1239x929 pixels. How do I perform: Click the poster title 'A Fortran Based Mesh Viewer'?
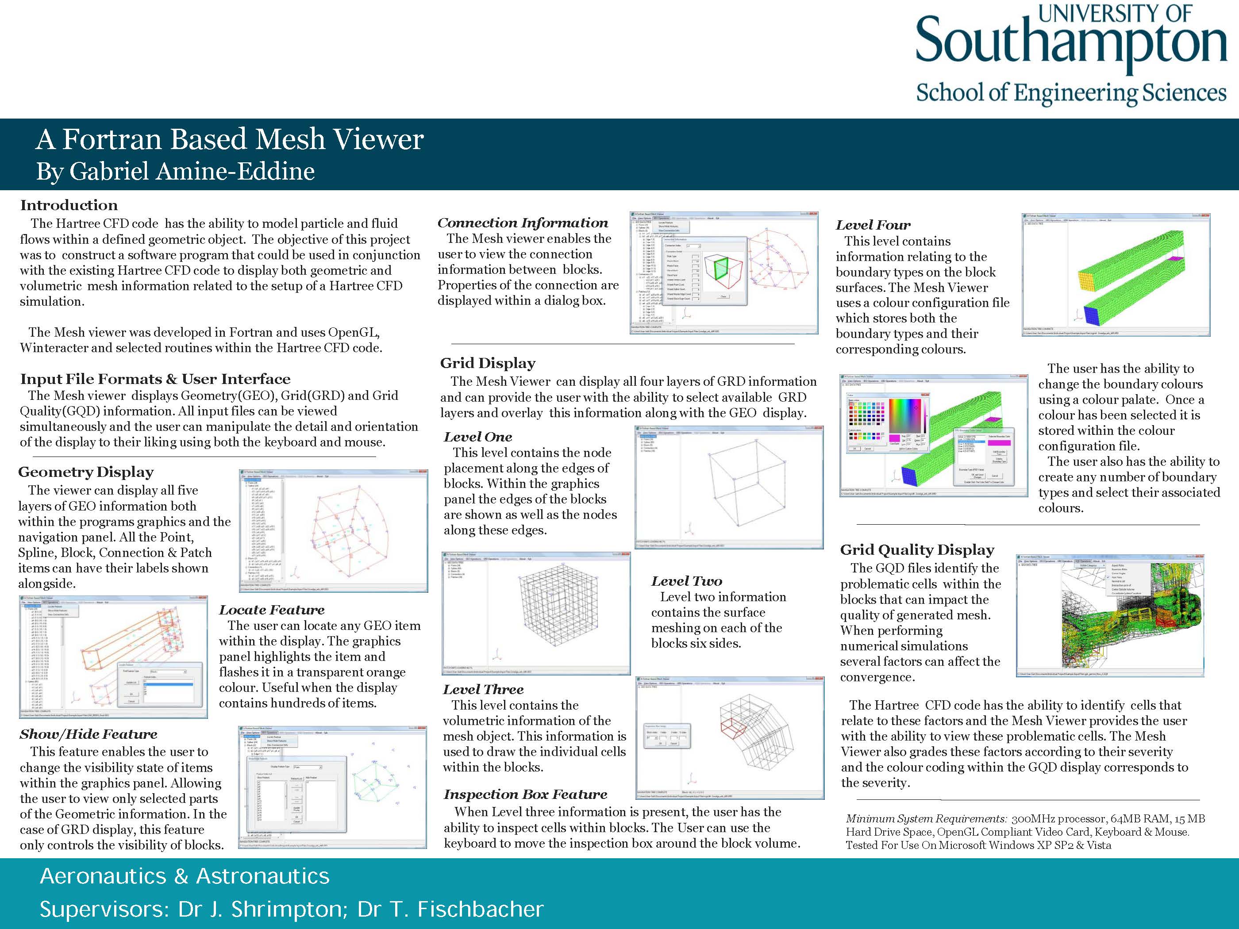click(229, 139)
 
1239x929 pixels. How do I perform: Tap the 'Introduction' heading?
click(69, 205)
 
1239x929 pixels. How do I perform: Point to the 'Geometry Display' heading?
click(86, 472)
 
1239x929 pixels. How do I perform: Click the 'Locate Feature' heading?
click(272, 610)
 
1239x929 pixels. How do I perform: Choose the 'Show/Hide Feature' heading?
click(88, 734)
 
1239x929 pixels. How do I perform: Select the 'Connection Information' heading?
click(523, 223)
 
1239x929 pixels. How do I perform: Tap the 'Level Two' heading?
click(686, 581)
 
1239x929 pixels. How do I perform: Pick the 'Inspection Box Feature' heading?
click(525, 794)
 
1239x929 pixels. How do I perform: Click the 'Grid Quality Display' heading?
click(917, 549)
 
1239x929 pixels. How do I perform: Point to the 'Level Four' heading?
click(873, 225)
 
